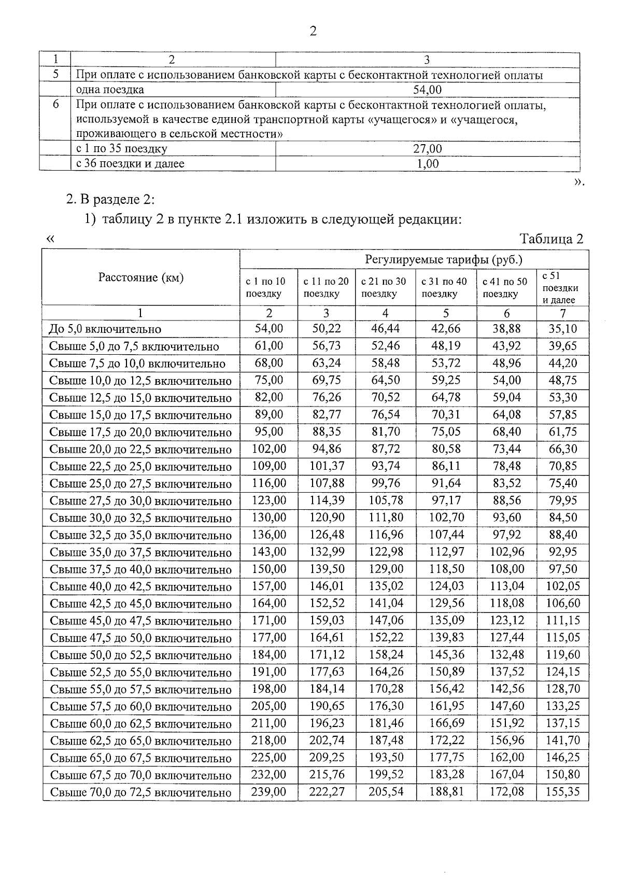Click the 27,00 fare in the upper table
coord(427,149)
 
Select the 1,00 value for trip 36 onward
coord(427,164)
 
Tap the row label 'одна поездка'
coord(110,90)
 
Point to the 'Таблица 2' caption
coord(552,239)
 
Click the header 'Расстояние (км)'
coord(141,277)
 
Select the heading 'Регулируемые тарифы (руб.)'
coord(444,259)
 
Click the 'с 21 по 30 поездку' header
coord(384,288)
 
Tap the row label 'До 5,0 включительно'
coord(105,329)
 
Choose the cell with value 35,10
coord(562,329)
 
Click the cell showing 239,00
coord(268,792)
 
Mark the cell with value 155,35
coord(563,792)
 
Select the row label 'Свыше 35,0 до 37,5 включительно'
coord(140,552)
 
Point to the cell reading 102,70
coord(446,518)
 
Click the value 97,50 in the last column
coord(563,569)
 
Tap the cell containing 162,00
coord(506,758)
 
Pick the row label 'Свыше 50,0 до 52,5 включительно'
coord(140,655)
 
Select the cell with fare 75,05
coord(446,432)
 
